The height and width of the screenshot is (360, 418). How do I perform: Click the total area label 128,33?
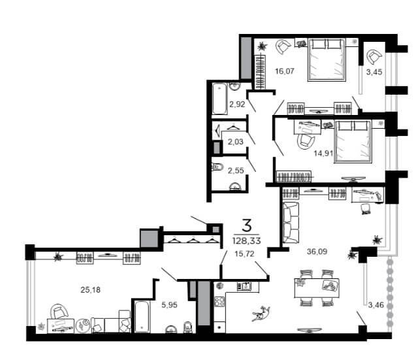point(247,241)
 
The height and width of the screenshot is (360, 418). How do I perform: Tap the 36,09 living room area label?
point(317,252)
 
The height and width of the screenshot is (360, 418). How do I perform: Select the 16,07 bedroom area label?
point(285,71)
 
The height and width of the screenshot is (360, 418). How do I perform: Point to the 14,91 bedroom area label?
point(323,154)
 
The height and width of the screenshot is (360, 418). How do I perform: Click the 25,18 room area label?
point(90,289)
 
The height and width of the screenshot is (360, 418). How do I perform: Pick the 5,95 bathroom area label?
point(169,304)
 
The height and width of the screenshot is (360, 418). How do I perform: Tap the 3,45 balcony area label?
point(374,72)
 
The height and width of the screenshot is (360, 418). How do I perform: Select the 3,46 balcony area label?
point(376,305)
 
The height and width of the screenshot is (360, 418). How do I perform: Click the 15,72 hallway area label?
point(244,254)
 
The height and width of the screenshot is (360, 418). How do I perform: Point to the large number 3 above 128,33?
point(247,225)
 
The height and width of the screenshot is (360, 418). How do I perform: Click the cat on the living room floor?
point(261,314)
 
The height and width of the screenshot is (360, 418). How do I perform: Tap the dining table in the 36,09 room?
point(317,288)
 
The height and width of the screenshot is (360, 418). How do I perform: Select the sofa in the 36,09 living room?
point(291,223)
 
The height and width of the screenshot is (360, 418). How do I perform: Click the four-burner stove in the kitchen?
point(219,302)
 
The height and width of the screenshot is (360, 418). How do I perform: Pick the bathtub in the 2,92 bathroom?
point(220,99)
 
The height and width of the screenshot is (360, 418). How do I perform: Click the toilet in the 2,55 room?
point(218,167)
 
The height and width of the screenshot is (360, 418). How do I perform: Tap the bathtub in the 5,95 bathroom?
point(142,316)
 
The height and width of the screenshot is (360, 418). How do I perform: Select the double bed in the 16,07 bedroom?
point(327,59)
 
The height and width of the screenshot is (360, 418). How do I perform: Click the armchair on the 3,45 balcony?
point(374,56)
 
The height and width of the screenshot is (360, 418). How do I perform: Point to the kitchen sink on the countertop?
point(244,286)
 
